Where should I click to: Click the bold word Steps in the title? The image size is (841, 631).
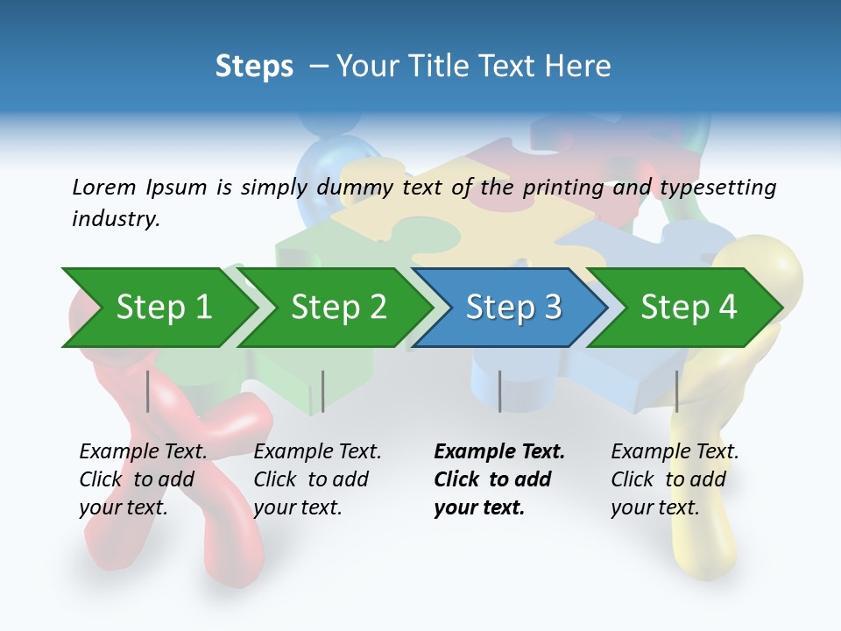pyautogui.click(x=254, y=67)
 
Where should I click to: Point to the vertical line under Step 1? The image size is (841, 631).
pyautogui.click(x=148, y=391)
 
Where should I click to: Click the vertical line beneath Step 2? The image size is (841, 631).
pyautogui.click(x=323, y=391)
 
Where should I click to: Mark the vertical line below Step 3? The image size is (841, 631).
pyautogui.click(x=500, y=391)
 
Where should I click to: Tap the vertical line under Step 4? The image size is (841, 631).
pyautogui.click(x=677, y=391)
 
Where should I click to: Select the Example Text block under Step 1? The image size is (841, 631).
pyautogui.click(x=142, y=479)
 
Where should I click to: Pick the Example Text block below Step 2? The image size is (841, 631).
pyautogui.click(x=317, y=479)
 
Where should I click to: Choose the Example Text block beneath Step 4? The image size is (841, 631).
pyautogui.click(x=674, y=479)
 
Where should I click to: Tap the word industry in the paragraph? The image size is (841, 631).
pyautogui.click(x=115, y=219)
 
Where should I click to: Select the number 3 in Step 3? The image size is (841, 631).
pyautogui.click(x=552, y=307)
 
